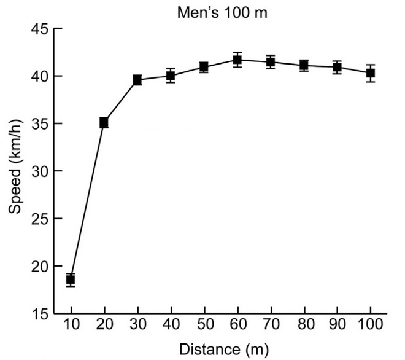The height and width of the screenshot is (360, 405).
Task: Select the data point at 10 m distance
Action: pyautogui.click(x=71, y=280)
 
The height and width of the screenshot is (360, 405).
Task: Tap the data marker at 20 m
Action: pyautogui.click(x=104, y=123)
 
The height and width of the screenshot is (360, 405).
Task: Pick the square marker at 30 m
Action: pyautogui.click(x=137, y=80)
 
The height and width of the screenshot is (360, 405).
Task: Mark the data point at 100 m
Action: pyautogui.click(x=371, y=73)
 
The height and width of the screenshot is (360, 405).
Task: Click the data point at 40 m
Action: pyautogui.click(x=171, y=76)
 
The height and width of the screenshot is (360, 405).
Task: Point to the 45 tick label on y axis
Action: pyautogui.click(x=40, y=29)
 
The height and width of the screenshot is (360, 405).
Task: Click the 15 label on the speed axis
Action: pyautogui.click(x=40, y=313)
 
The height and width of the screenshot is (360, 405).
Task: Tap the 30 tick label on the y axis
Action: pyautogui.click(x=40, y=171)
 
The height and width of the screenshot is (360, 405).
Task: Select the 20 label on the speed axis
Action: pyautogui.click(x=40, y=266)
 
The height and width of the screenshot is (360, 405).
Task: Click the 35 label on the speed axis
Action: pyautogui.click(x=40, y=123)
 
